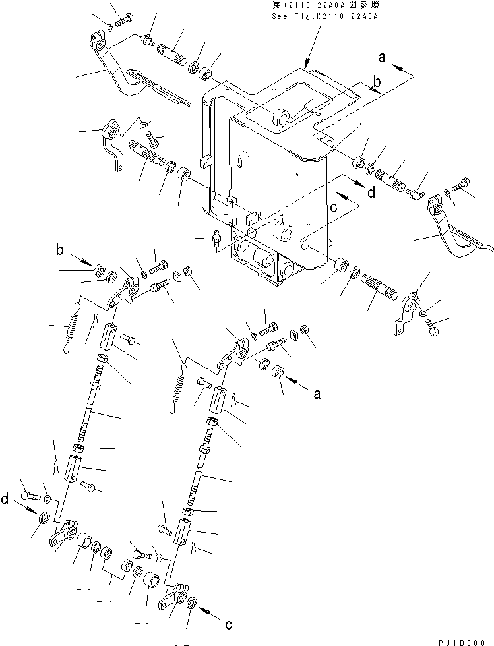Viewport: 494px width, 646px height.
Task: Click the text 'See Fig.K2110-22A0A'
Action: coord(324,18)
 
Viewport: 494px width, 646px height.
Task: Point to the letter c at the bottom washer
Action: coord(229,624)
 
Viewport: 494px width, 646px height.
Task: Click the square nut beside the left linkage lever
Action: coord(177,277)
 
